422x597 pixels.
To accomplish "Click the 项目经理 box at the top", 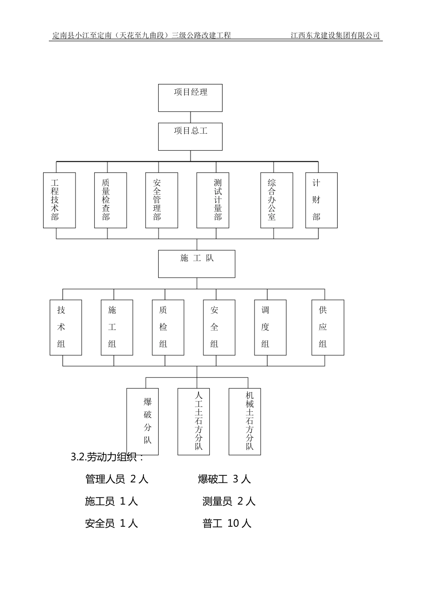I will (x=190, y=98).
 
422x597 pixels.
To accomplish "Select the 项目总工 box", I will (x=190, y=136).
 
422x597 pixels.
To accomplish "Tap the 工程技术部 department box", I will (x=59, y=200).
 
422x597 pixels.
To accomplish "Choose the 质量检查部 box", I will (x=111, y=200).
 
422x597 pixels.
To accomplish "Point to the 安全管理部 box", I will (x=162, y=200).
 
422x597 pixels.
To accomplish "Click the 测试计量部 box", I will (x=213, y=200).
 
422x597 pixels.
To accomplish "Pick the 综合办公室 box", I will (x=277, y=200).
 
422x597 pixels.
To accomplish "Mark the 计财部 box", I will (x=322, y=200).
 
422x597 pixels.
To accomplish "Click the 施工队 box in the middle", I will (x=197, y=263).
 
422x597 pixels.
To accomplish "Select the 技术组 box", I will (x=66, y=327).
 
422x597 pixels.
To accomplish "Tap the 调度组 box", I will (x=270, y=327).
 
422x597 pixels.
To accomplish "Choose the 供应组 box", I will (x=328, y=327).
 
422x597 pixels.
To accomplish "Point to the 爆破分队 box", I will (x=143, y=421).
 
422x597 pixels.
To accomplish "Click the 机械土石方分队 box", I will (x=245, y=421).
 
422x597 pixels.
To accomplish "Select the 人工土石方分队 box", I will (x=194, y=421).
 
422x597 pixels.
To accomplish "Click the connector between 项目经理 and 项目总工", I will (x=191, y=117).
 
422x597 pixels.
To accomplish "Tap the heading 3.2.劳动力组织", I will (x=107, y=457).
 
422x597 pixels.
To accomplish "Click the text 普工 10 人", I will (x=227, y=523).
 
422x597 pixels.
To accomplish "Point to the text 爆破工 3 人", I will (x=224, y=479).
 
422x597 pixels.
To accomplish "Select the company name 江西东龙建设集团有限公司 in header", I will (x=335, y=36).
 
